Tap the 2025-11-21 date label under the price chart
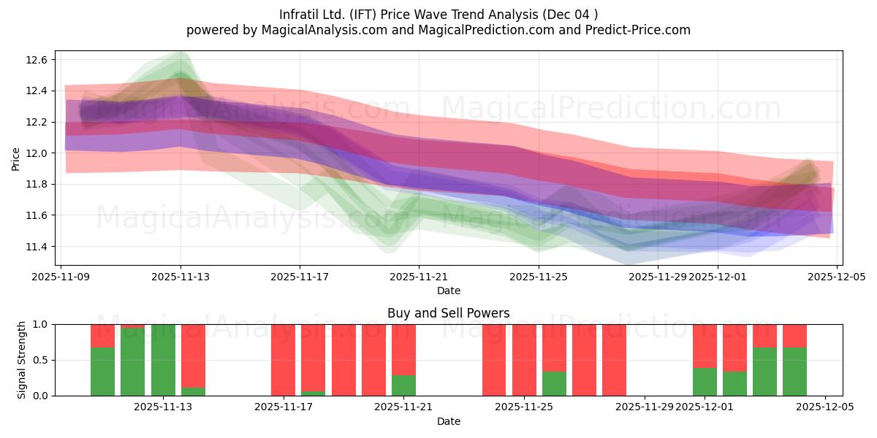click(x=419, y=277)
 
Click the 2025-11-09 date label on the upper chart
click(x=61, y=277)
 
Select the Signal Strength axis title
click(x=22, y=360)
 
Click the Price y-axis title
click(x=15, y=158)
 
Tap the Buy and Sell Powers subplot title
click(x=448, y=313)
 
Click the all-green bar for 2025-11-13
click(x=163, y=360)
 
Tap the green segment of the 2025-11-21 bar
click(x=403, y=385)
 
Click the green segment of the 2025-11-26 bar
click(x=554, y=383)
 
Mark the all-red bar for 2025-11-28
click(x=614, y=360)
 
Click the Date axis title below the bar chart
click(x=448, y=421)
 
